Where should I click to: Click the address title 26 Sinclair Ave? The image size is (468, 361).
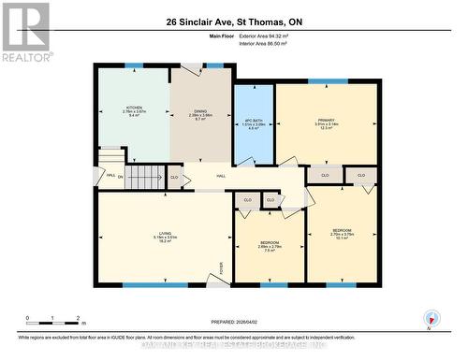pos(234,21)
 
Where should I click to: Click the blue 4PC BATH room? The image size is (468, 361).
pos(253,123)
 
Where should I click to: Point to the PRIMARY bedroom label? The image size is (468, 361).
pos(327,123)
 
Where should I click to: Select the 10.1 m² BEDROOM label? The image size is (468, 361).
pos(342,235)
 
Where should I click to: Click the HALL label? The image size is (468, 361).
pos(222,176)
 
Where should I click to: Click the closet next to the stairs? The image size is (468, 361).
pos(175,176)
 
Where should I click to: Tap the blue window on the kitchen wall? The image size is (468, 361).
pos(134,65)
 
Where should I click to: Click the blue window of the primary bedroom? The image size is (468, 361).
pos(328,81)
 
